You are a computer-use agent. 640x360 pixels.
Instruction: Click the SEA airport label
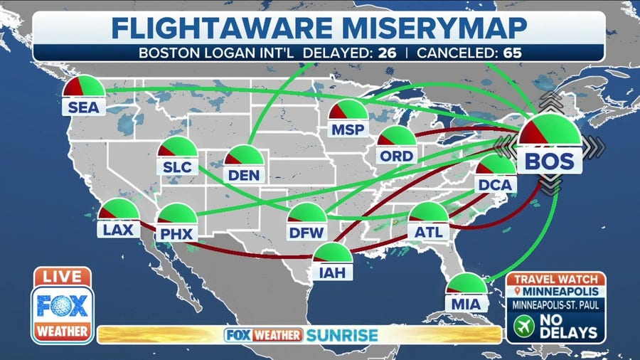tap(84, 107)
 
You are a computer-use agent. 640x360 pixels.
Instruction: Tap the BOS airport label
tap(549, 161)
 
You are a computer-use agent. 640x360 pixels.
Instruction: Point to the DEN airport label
tap(245, 174)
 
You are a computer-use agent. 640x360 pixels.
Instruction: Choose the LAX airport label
tap(118, 230)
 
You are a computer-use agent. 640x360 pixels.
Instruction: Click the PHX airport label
tap(176, 233)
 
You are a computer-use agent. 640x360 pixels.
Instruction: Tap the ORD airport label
tap(397, 154)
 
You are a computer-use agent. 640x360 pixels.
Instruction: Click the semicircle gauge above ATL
tap(430, 213)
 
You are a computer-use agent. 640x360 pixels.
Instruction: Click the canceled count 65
tap(511, 52)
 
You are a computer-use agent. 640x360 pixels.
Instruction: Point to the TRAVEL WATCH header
tap(556, 279)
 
